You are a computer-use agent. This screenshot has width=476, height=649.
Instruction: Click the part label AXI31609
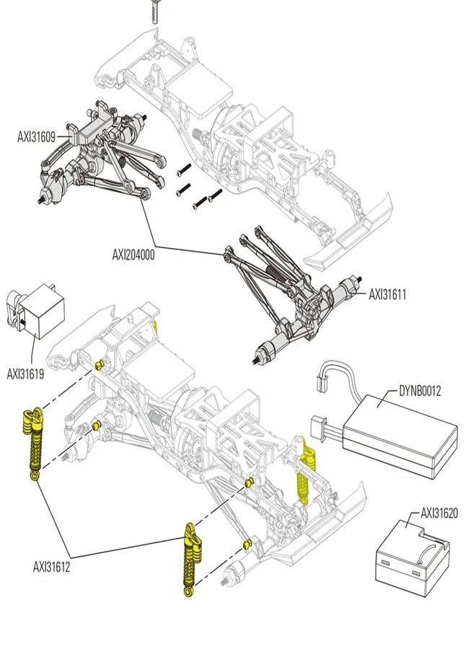pyautogui.click(x=37, y=137)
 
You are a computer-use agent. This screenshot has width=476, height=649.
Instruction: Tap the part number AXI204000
pyautogui.click(x=133, y=255)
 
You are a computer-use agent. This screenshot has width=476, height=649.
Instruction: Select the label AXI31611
pyautogui.click(x=387, y=295)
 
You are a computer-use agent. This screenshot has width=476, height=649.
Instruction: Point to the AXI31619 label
pyautogui.click(x=25, y=374)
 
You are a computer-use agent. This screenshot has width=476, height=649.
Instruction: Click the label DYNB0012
pyautogui.click(x=420, y=391)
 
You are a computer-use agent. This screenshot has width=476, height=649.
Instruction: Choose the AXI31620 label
pyautogui.click(x=439, y=513)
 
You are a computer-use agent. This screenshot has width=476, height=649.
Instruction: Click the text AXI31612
pyautogui.click(x=51, y=567)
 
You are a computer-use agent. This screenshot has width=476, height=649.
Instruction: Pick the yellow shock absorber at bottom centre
pyautogui.click(x=192, y=560)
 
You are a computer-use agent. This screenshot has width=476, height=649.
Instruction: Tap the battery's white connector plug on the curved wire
pyautogui.click(x=324, y=384)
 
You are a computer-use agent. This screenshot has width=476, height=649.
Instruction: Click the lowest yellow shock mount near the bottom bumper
pyautogui.click(x=247, y=544)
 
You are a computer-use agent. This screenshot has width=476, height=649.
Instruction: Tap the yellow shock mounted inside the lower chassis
pyautogui.click(x=304, y=472)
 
